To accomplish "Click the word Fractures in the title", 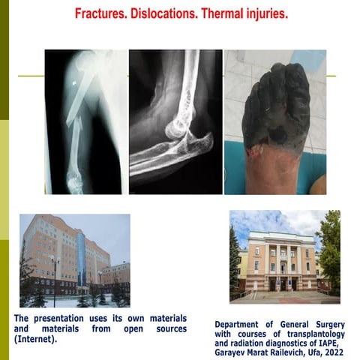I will click(101, 14).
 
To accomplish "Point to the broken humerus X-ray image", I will click(83, 121).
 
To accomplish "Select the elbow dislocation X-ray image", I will click(175, 121).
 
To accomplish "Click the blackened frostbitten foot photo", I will click(275, 121).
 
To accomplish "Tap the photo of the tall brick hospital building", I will click(74, 260).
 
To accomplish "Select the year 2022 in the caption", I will click(330, 349).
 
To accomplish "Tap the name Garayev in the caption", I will click(232, 349).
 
